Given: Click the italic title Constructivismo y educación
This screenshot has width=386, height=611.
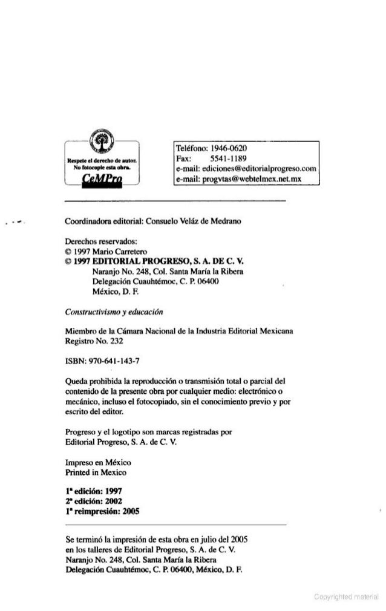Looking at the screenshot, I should (114, 312).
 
